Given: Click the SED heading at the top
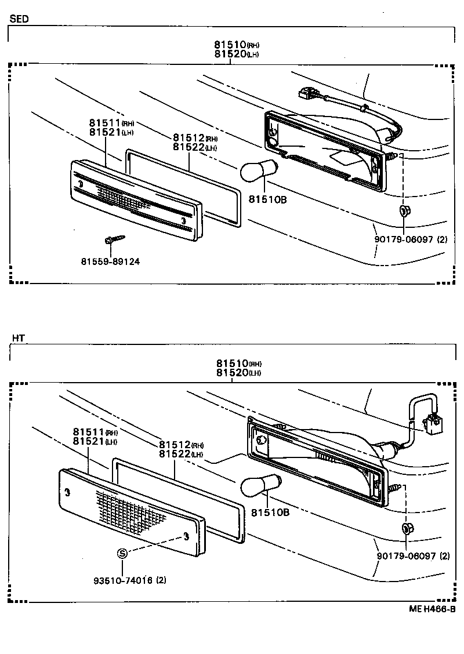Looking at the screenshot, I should [x=19, y=19].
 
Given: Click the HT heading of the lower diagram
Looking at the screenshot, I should [x=18, y=337].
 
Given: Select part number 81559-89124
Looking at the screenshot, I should [x=110, y=261].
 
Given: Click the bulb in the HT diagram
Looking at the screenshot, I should [x=259, y=484].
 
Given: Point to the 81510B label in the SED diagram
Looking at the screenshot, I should [x=268, y=200].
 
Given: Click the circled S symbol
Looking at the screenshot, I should [x=122, y=553].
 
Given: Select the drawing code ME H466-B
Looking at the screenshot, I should [x=432, y=609].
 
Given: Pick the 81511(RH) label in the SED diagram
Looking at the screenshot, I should [x=111, y=123].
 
